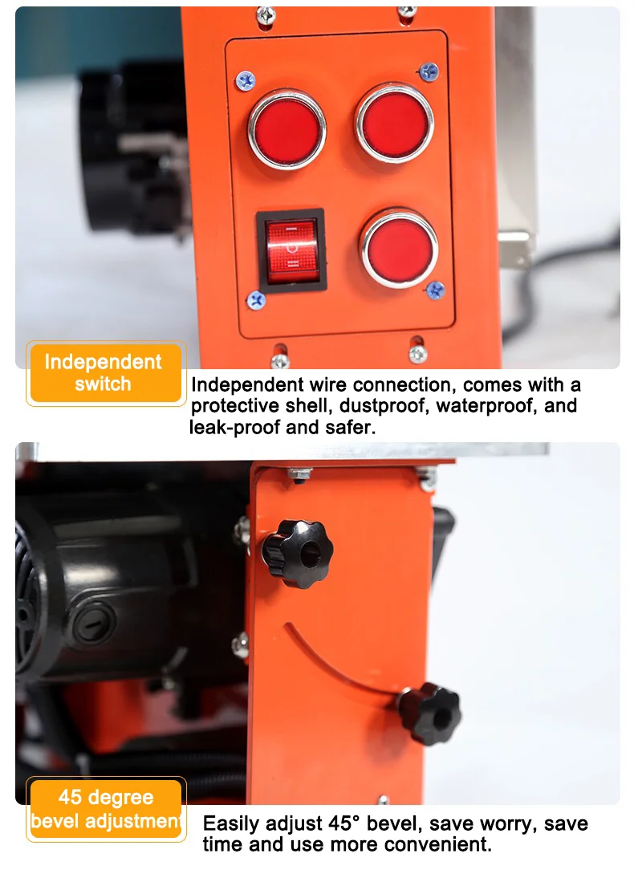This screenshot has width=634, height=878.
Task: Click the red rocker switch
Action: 291,250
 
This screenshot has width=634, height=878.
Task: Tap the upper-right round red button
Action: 394,123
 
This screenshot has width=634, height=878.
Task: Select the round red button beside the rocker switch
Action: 399,248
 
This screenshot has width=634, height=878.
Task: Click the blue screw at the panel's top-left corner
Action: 246,81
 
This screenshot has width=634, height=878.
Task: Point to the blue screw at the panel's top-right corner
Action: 429,71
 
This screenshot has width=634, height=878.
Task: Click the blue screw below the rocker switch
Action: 256,301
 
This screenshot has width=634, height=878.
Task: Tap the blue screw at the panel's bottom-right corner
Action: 435,291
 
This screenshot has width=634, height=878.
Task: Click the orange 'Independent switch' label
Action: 106,373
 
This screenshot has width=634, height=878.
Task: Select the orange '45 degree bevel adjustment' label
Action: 106,809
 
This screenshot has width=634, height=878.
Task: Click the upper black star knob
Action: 298,554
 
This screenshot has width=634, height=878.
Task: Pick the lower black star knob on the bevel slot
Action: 429,713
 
